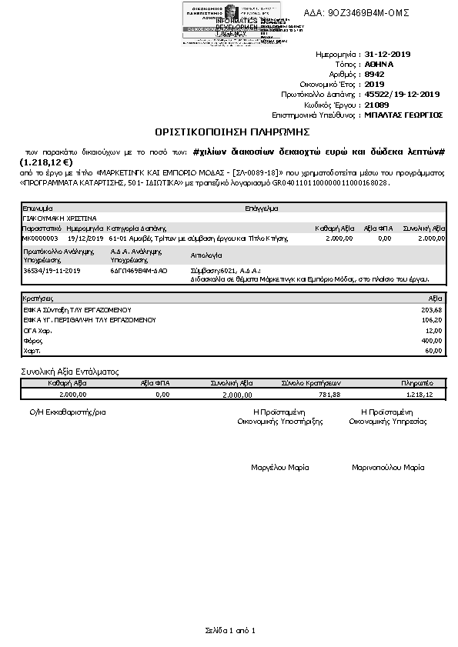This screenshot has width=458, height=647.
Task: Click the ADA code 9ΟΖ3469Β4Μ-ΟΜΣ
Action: coord(358,13)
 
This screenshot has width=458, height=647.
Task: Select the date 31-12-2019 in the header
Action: coord(389,55)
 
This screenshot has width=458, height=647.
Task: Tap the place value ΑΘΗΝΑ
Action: coord(380,65)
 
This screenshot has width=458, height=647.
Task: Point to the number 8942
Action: coord(374,75)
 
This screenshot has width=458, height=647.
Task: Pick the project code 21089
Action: coord(376,104)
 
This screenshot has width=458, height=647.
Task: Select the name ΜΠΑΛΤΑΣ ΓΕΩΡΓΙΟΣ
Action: coord(403,114)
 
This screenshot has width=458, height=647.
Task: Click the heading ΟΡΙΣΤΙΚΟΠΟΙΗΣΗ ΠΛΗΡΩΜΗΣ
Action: coord(229,132)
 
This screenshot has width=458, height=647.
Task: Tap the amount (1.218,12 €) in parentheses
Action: coord(46,163)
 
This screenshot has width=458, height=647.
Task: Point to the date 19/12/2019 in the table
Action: coord(85,238)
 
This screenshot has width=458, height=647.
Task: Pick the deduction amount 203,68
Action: coord(433,309)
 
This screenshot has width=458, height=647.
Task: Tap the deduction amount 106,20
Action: coord(433,319)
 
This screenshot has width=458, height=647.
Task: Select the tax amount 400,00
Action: coord(433,340)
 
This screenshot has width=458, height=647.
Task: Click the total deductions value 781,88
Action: coord(329,395)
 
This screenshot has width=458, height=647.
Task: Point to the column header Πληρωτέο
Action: coord(414,382)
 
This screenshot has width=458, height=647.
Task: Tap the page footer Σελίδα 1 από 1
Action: coord(229,631)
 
